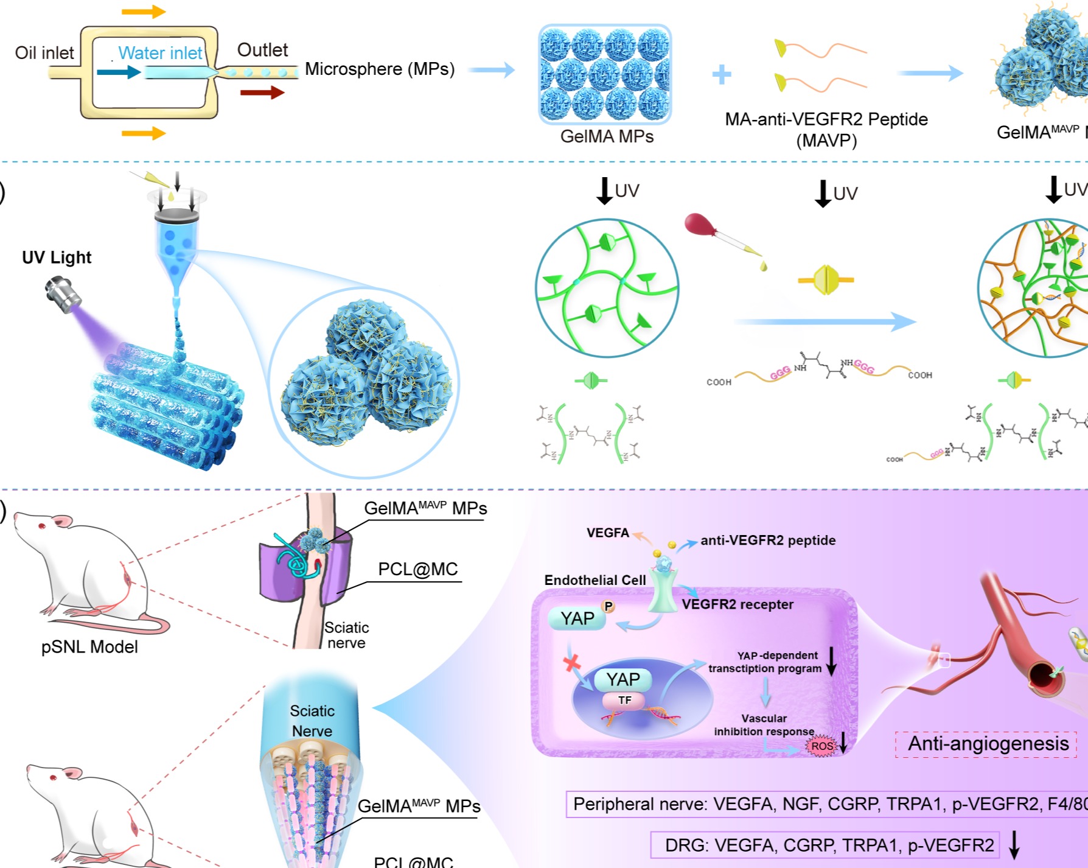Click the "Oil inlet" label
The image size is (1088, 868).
click(44, 53)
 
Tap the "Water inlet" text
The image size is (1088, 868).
click(160, 53)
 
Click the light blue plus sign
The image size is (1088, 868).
click(722, 74)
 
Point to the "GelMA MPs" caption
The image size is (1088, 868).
click(607, 136)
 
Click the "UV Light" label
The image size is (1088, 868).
click(57, 257)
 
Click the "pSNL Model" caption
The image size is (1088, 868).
click(89, 646)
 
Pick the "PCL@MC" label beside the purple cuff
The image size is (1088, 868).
click(417, 569)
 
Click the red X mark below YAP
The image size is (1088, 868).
click(571, 662)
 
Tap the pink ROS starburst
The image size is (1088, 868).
click(821, 746)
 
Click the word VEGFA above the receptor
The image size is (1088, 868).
click(607, 533)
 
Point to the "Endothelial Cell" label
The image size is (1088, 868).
click(595, 580)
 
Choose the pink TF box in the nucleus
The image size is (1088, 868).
click(624, 701)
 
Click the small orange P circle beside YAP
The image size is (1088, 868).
click(608, 606)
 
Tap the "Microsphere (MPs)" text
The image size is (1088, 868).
click(380, 69)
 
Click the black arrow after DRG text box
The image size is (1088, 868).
click(1014, 845)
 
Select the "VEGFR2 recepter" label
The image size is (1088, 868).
click(737, 604)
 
